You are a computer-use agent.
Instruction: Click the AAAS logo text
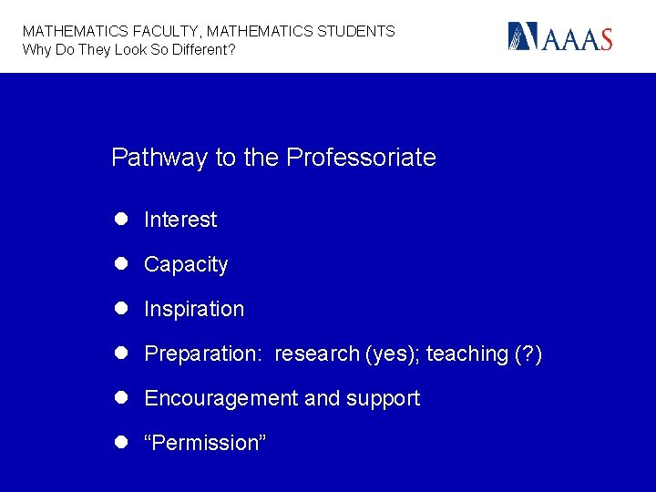pos(579,38)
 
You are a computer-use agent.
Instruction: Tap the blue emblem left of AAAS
pos(525,36)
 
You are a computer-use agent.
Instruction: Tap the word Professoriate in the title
pos(361,158)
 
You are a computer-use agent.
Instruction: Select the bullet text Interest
pos(180,220)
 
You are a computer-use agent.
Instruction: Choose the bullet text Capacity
pos(186,264)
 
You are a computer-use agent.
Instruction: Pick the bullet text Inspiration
pos(194,309)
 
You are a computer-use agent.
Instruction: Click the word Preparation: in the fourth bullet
pos(202,354)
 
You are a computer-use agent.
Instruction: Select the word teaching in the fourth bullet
pos(466,354)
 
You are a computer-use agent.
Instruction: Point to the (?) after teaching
pos(528,354)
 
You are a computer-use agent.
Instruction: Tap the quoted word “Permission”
pos(205,443)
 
